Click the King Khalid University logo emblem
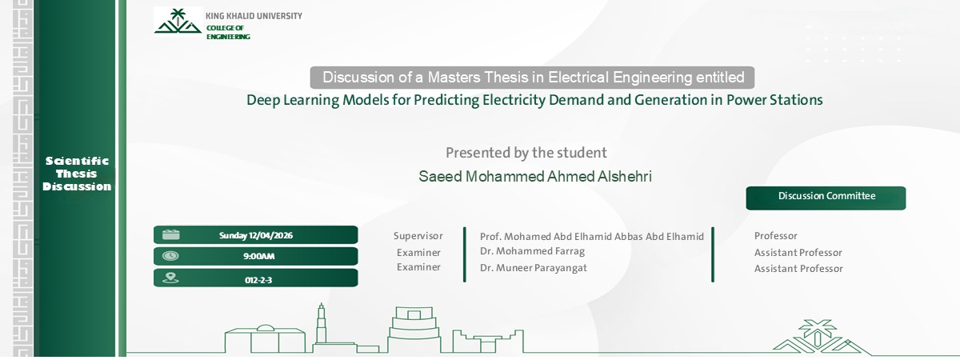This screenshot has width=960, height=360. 178,22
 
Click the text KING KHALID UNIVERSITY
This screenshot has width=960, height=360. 254,16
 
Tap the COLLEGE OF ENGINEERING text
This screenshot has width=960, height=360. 228,32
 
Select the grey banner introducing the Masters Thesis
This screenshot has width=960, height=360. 532,78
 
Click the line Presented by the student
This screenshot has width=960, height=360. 526,152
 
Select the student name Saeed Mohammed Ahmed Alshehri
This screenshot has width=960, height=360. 535,176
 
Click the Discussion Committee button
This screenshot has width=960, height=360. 826,197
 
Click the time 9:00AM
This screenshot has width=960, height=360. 258,257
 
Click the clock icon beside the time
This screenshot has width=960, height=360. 170,256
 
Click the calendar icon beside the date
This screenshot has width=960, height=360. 170,234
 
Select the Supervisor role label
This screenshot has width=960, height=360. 418,236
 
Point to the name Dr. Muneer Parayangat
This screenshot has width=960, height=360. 533,268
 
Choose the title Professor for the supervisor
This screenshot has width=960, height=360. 775,236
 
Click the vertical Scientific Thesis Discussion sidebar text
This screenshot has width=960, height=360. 78,174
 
